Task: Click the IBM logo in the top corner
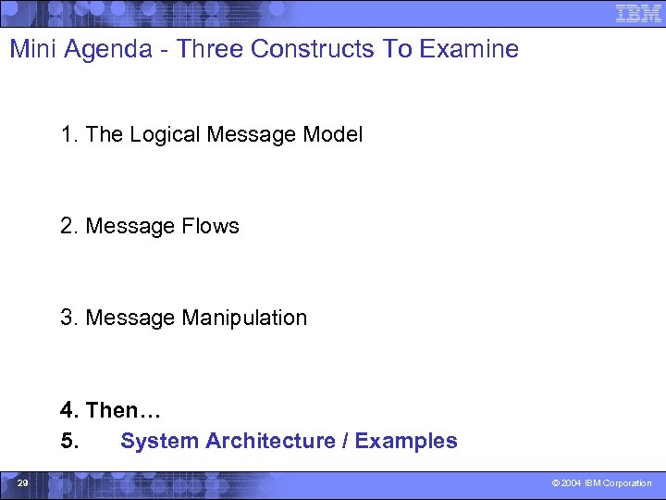pyautogui.click(x=638, y=13)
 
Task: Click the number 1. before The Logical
pyautogui.click(x=69, y=134)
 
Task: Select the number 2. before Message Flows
pyautogui.click(x=69, y=226)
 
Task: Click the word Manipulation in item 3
pyautogui.click(x=244, y=318)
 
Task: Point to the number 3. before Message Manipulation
pyautogui.click(x=69, y=318)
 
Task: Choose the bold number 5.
pyautogui.click(x=69, y=441)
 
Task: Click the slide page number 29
pyautogui.click(x=22, y=483)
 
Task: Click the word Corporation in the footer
pyautogui.click(x=629, y=483)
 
